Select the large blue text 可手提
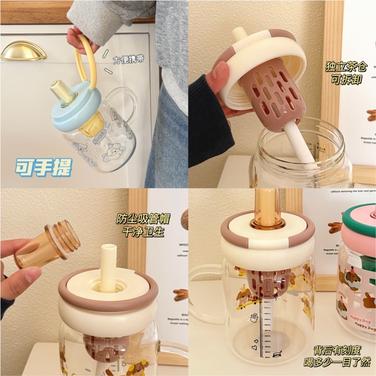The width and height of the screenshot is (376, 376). [x=43, y=168]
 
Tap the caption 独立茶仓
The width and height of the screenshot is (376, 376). [x=342, y=67]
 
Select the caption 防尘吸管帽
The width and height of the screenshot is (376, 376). [x=143, y=218]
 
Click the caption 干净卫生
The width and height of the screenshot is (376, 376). [x=143, y=232]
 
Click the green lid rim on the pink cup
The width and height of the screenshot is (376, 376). [x=359, y=212]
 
